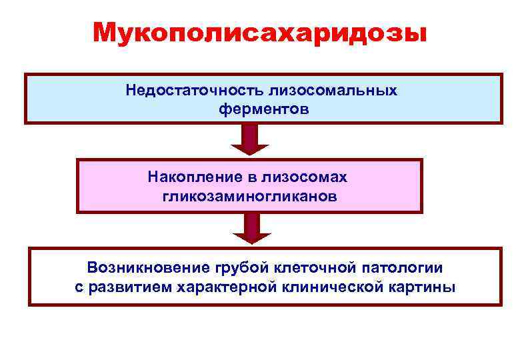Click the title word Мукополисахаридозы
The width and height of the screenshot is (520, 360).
tap(260, 32)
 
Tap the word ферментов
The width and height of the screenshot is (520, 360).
tap(264, 108)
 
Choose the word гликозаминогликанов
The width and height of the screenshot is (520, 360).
tap(250, 196)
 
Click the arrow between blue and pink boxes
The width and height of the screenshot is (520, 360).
tap(250, 140)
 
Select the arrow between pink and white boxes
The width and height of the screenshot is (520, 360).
tap(250, 229)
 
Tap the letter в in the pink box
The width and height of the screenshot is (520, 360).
tap(257, 178)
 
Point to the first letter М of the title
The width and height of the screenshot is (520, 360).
tap(105, 32)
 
